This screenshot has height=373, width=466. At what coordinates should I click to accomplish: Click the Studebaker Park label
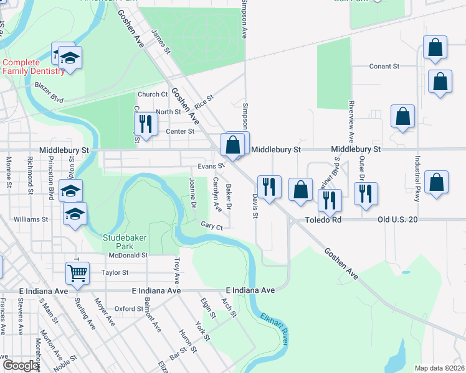[123, 241]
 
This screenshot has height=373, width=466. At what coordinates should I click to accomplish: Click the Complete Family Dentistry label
[33, 67]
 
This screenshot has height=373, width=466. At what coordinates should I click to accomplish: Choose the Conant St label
[383, 66]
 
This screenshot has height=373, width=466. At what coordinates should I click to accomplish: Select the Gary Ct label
[211, 227]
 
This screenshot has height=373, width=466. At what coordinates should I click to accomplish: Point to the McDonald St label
[128, 255]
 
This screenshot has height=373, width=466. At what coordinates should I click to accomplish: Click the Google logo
[21, 366]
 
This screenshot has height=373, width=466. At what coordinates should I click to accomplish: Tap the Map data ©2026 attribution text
[439, 368]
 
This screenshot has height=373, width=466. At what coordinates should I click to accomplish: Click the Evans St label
[211, 167]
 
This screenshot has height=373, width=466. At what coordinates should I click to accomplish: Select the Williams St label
[31, 219]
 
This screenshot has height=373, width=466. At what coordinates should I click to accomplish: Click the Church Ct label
[153, 94]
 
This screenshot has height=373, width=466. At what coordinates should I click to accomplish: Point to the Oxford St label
[130, 308]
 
